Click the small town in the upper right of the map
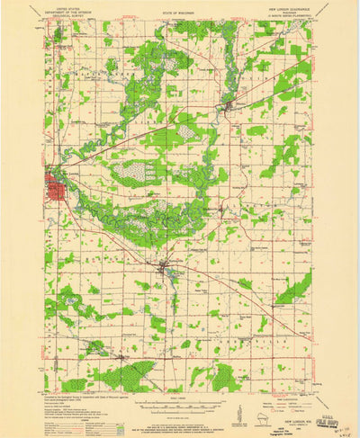[229, 111]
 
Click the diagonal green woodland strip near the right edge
[294, 289]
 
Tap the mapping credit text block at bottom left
[76, 405]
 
